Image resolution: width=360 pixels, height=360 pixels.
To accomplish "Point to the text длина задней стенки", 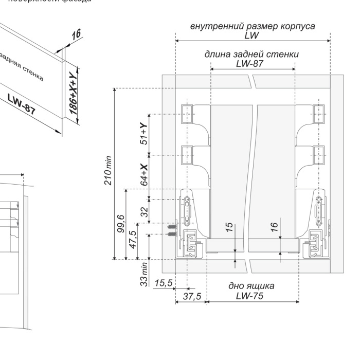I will click(x=252, y=54).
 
